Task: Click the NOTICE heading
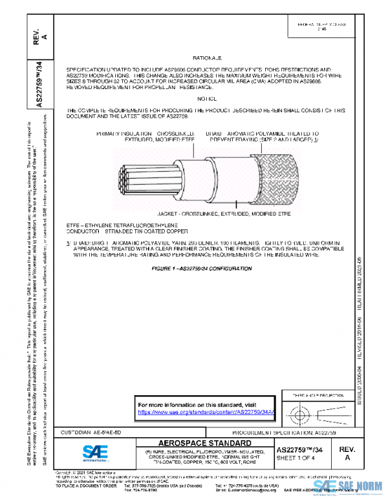(x=207, y=98)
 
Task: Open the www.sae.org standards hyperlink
(x=207, y=411)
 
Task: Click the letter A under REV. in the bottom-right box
(x=347, y=457)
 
